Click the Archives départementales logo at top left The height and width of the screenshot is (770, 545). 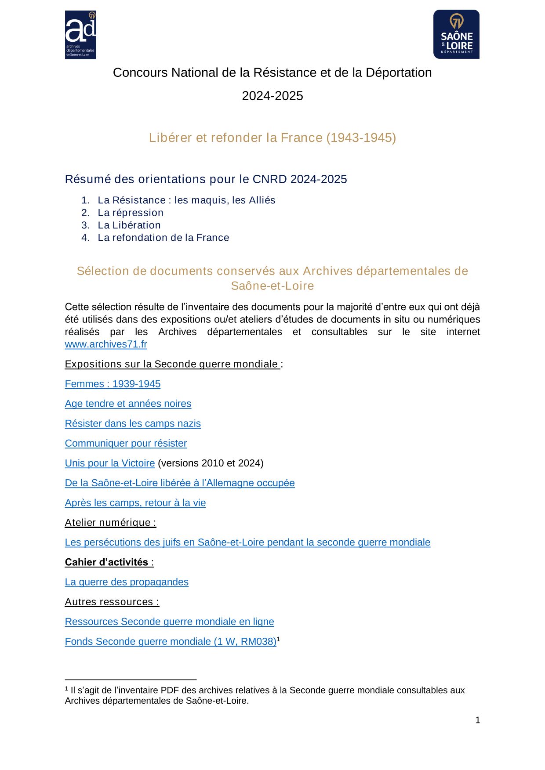click(80, 35)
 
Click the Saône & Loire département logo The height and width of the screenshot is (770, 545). click(456, 34)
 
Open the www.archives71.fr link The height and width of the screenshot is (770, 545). click(106, 344)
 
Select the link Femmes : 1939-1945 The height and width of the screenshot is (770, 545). click(113, 384)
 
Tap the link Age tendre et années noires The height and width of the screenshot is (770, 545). click(128, 404)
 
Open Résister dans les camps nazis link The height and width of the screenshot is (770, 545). click(133, 423)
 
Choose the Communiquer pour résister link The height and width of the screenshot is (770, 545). click(126, 443)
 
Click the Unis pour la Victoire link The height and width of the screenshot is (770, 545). click(110, 463)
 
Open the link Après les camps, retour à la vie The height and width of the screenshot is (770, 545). click(135, 502)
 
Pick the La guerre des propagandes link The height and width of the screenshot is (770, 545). click(127, 582)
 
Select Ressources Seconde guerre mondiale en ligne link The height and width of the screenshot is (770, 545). click(169, 622)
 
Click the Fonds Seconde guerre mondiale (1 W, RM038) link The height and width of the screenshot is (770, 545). click(171, 641)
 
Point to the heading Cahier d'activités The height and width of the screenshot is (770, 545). click(107, 562)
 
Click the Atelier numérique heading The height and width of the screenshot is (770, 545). click(110, 523)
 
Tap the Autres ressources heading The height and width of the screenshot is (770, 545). click(112, 602)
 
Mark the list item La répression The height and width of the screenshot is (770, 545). click(131, 213)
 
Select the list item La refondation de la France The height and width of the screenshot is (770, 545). click(163, 238)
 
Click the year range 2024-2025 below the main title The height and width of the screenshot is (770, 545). click(272, 96)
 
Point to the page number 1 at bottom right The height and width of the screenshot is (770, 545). click(478, 720)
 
